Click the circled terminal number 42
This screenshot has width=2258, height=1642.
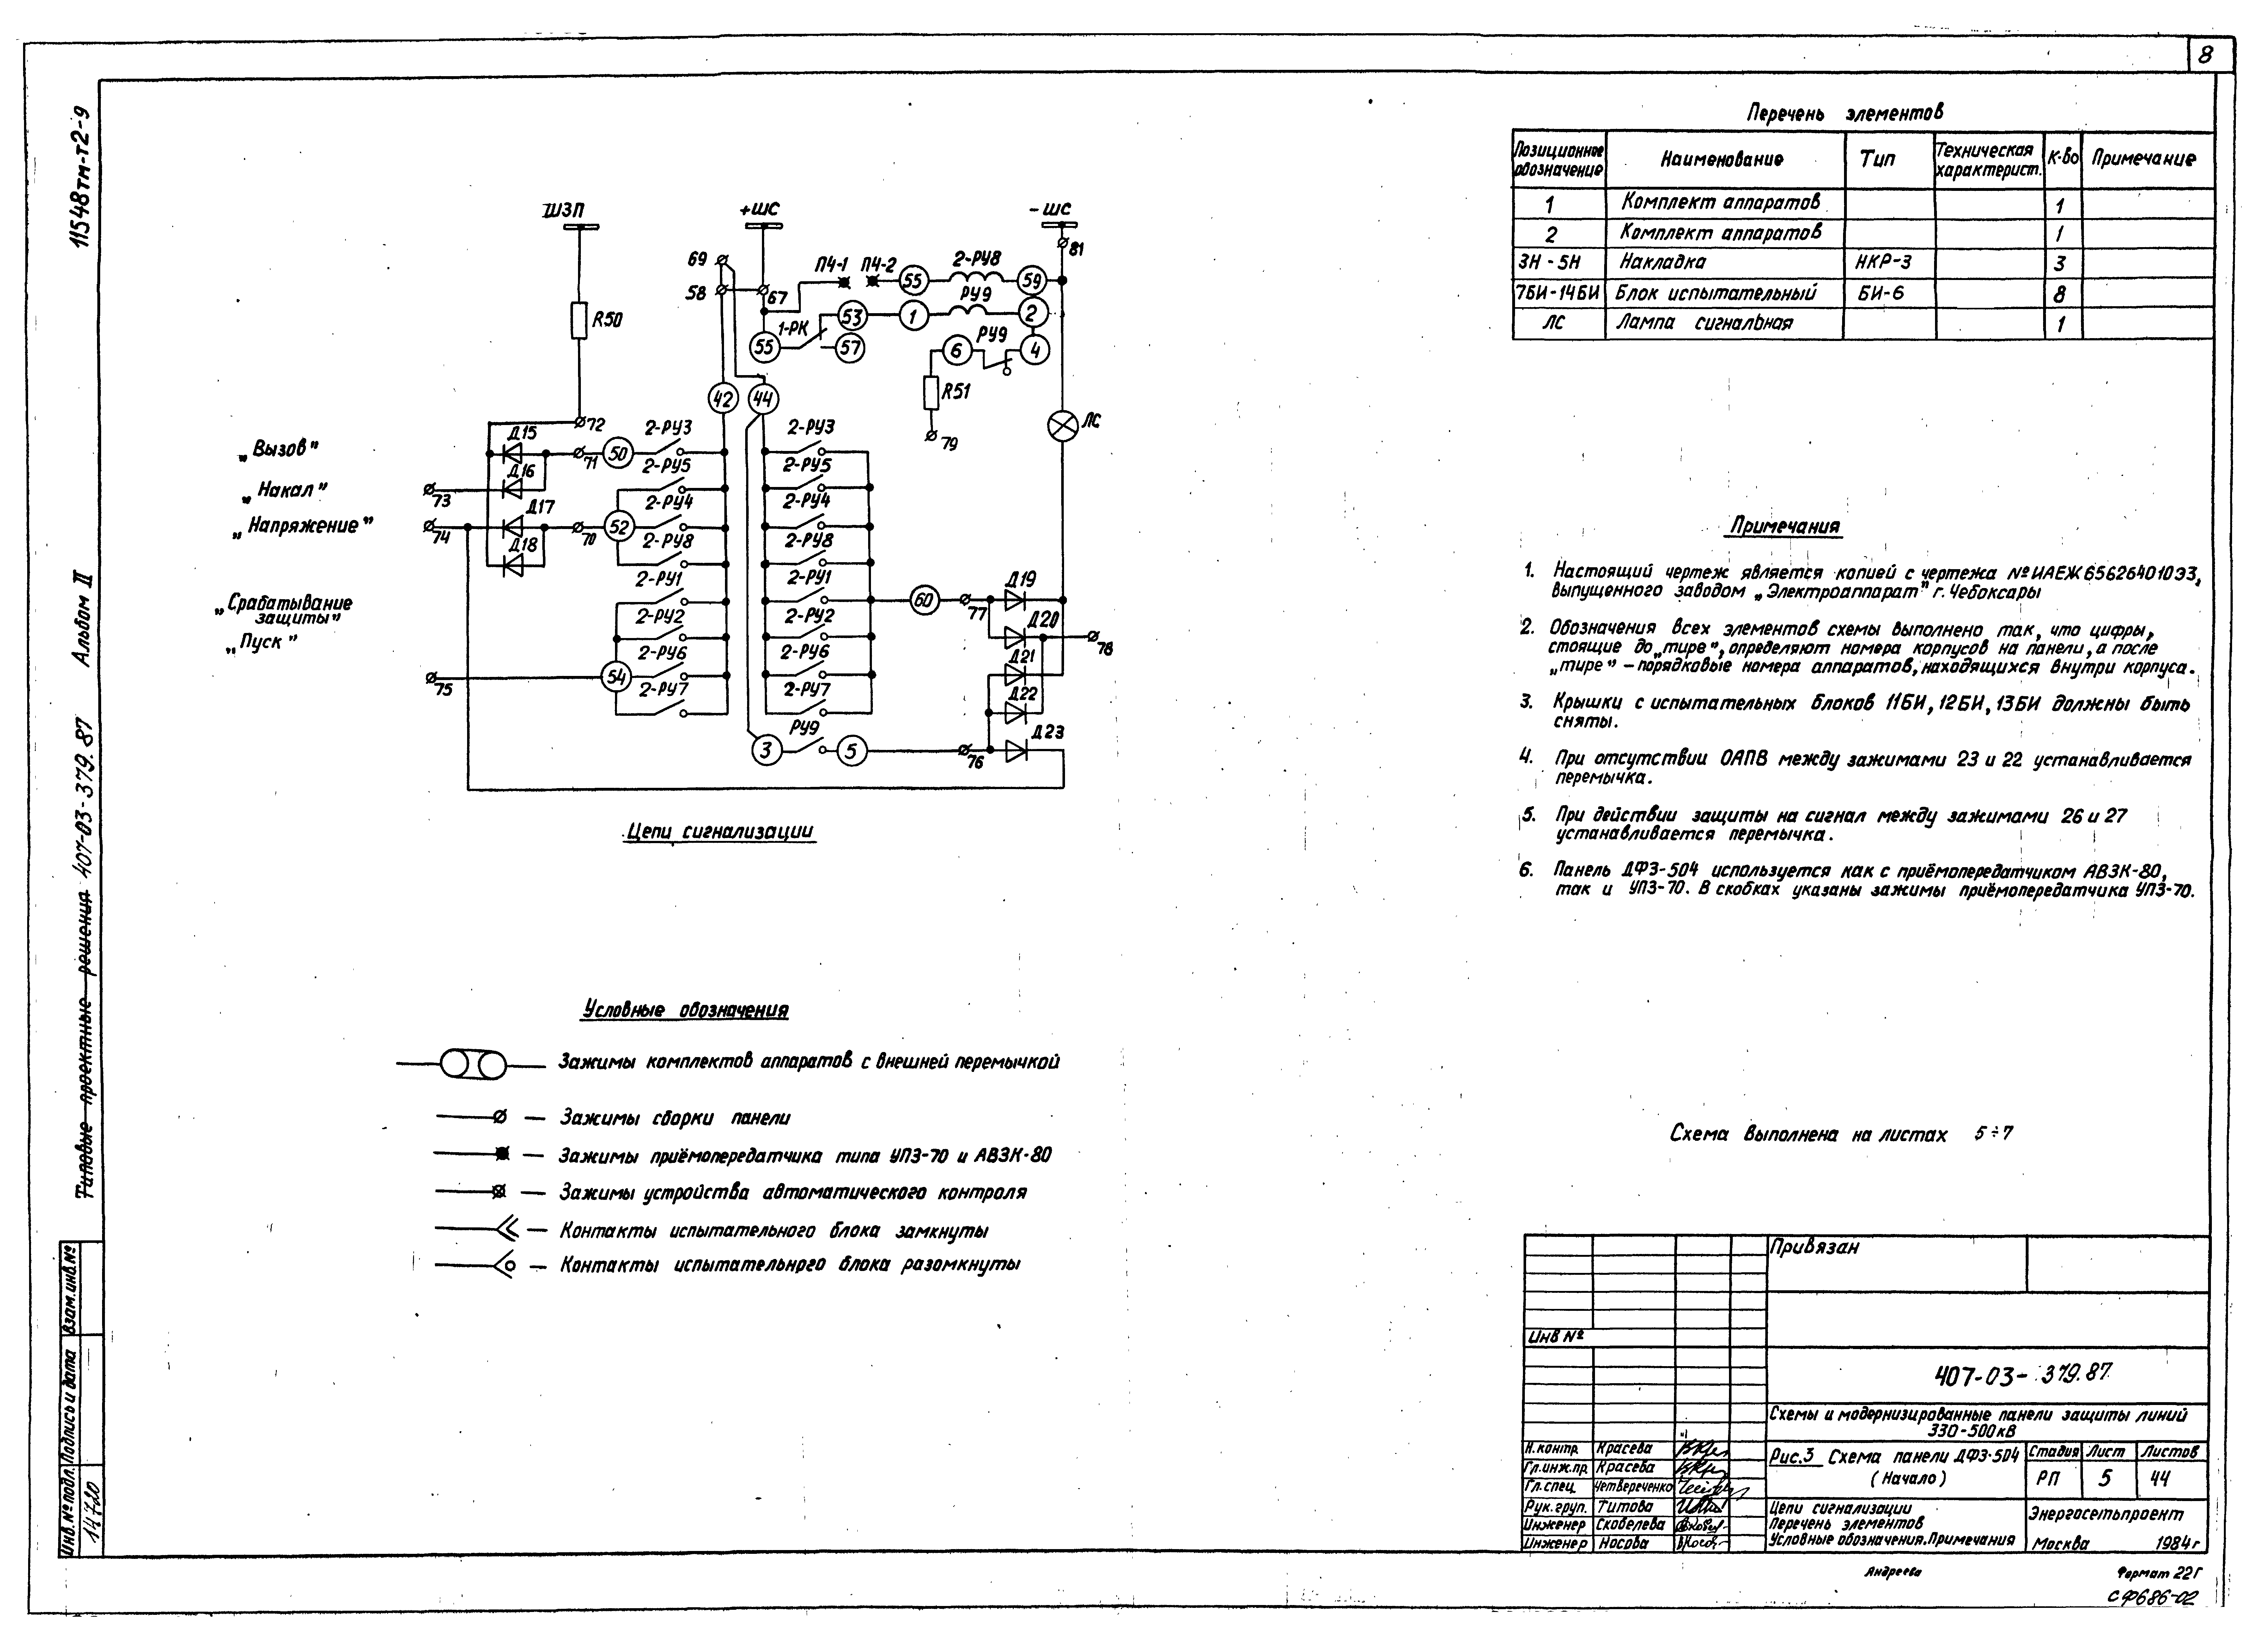tap(723, 399)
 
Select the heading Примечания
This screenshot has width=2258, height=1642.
tap(1785, 526)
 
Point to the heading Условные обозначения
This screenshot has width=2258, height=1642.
tap(685, 1011)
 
